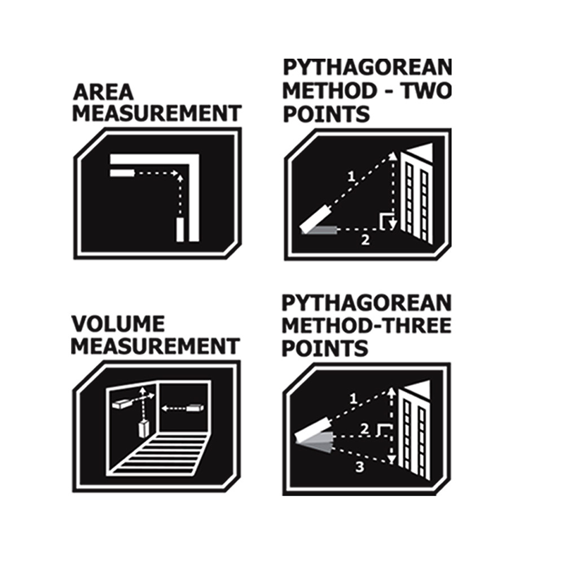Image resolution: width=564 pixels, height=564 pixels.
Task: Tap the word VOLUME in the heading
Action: pos(118,324)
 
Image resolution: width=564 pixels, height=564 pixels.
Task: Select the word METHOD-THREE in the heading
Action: pos(367,326)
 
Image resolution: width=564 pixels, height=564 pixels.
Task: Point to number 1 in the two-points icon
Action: pos(351,177)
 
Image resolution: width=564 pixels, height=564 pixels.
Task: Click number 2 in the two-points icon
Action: pos(365,240)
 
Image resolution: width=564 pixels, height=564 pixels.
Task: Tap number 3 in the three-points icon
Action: pos(360,467)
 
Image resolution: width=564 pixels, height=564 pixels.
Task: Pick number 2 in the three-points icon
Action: pos(364,429)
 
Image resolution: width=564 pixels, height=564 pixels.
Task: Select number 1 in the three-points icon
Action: pos(353,399)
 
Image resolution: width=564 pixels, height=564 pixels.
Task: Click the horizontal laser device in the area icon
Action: pos(122,173)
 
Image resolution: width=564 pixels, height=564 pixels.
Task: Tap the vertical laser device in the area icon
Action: pos(180,230)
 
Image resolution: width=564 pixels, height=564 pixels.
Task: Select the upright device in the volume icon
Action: pos(144,428)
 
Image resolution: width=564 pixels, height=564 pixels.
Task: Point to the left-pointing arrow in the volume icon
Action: pos(174,408)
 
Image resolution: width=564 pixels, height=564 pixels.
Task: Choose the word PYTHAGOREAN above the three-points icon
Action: pos(367,303)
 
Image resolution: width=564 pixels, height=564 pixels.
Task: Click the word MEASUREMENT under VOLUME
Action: pos(156,346)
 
